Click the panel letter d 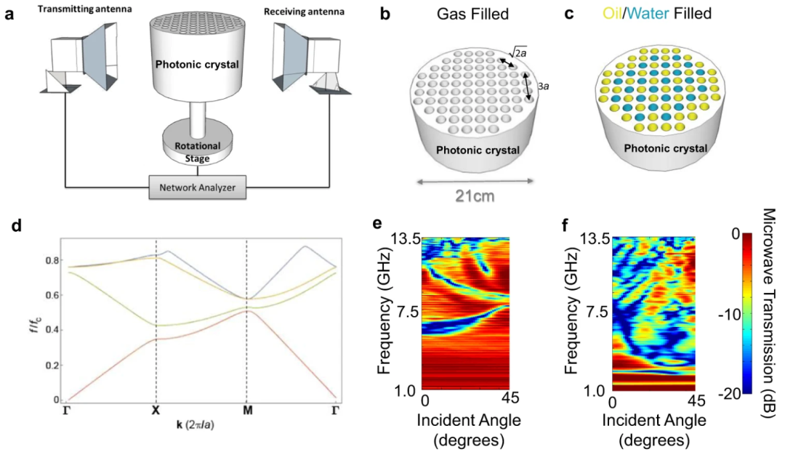click(x=16, y=225)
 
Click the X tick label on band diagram click(x=156, y=409)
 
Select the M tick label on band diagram click(x=246, y=409)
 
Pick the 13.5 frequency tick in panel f click(x=591, y=240)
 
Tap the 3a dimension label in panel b click(x=542, y=86)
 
